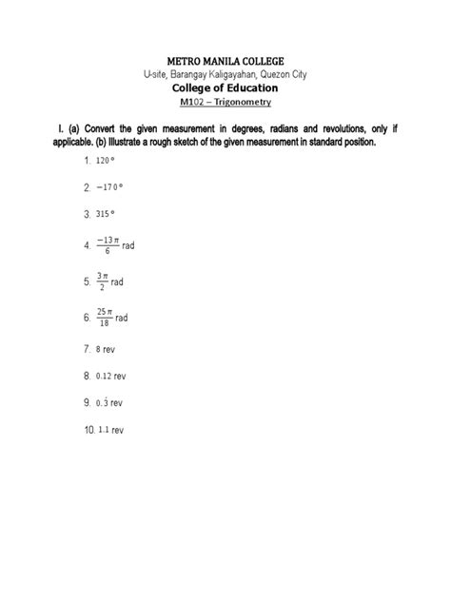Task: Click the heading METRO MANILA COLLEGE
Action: coord(225,60)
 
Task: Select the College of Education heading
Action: coord(225,89)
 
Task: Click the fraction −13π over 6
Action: coord(107,246)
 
